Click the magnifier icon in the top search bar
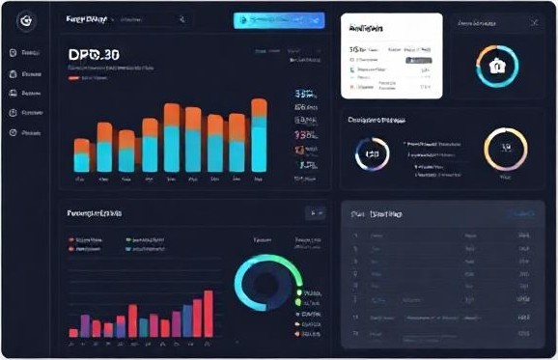tap(181, 19)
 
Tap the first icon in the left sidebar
tap(13, 53)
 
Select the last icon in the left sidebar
tap(13, 132)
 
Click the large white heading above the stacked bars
tap(95, 55)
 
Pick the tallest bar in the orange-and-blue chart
tap(259, 135)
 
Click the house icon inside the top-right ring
tap(498, 66)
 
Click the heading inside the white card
tap(368, 29)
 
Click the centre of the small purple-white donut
tap(372, 153)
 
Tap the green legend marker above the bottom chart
tap(128, 238)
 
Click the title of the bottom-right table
tap(378, 213)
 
